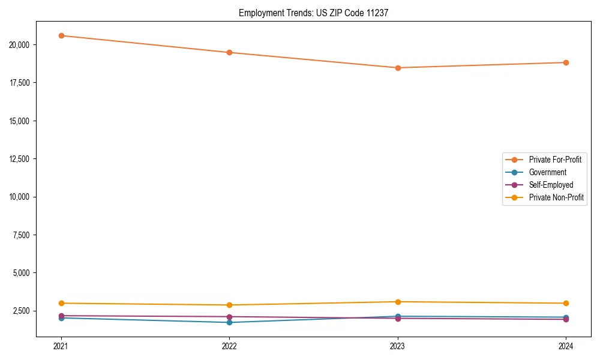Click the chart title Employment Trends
coord(313,13)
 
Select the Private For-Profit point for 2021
coord(61,35)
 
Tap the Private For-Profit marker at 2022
coord(229,52)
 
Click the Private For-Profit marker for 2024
coord(566,62)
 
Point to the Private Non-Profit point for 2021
coord(61,303)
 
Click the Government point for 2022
coord(229,322)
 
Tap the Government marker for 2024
coord(566,317)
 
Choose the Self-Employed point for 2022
coord(229,317)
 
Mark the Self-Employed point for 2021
coord(61,316)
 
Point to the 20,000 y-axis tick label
coord(22,45)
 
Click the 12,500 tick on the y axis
coord(22,159)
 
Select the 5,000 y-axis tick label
coord(23,273)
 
